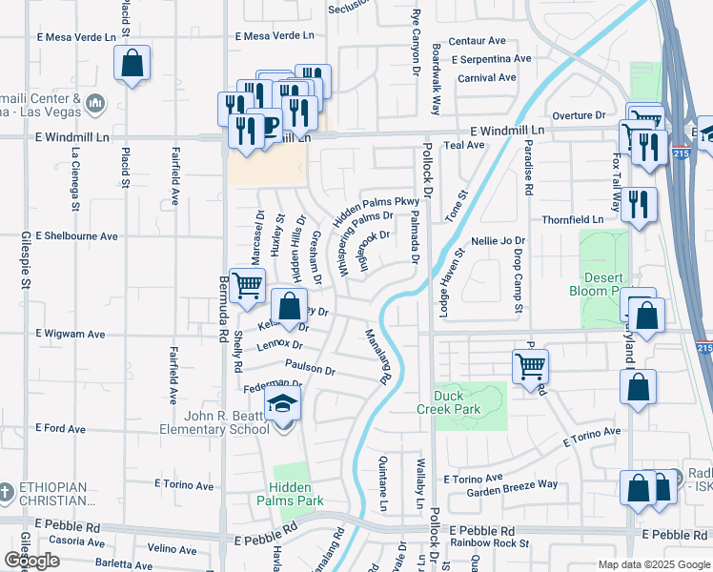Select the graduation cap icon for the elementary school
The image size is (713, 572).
(283, 405)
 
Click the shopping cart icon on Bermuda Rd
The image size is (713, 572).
(248, 285)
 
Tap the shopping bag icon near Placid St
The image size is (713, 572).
(132, 64)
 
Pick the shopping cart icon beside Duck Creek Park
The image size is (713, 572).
(529, 364)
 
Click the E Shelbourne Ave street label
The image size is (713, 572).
(76, 235)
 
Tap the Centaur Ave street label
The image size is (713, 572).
(477, 41)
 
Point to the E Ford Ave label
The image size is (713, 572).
(61, 429)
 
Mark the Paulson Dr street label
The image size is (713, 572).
(310, 369)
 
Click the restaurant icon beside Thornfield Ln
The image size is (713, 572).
(638, 205)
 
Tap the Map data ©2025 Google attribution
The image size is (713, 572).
(652, 563)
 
